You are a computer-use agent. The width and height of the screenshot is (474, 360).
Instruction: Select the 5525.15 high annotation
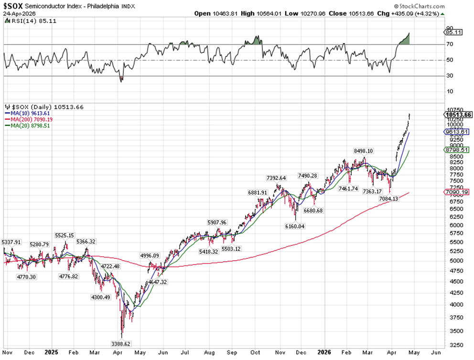click(x=65, y=235)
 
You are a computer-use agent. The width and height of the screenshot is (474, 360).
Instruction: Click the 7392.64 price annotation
click(x=277, y=178)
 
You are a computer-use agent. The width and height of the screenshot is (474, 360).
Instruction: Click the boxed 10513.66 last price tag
click(x=458, y=115)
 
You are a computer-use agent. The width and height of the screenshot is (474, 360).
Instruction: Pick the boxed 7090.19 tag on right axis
click(x=458, y=191)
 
